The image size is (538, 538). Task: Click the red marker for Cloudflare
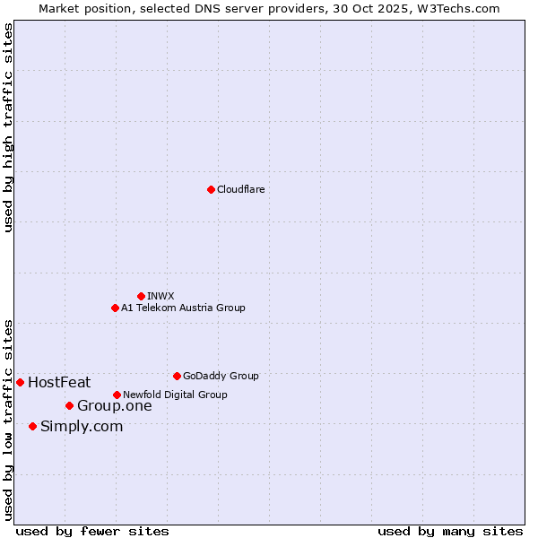click(x=211, y=189)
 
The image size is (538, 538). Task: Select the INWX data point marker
click(x=141, y=296)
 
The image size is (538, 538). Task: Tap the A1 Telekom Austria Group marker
click(x=115, y=308)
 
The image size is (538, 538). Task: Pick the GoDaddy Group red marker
click(x=177, y=376)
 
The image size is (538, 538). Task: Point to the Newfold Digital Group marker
click(x=117, y=395)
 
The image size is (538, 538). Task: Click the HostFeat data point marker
click(x=20, y=382)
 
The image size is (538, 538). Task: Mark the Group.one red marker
click(x=69, y=405)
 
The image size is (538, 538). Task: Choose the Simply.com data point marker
click(x=32, y=426)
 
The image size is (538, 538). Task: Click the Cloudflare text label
click(x=240, y=189)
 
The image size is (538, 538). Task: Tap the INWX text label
click(x=161, y=296)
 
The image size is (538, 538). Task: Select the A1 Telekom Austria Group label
click(x=183, y=308)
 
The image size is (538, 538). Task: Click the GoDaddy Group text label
click(x=221, y=376)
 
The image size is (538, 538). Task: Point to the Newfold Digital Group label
click(x=175, y=395)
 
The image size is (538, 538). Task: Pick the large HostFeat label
click(x=59, y=383)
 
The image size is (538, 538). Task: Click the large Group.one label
click(x=114, y=406)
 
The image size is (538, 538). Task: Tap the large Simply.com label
click(x=82, y=427)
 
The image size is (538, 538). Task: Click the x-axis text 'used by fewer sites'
click(x=92, y=531)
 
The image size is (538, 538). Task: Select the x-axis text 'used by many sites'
click(x=450, y=531)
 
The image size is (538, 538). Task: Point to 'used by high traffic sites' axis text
click(x=8, y=128)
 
